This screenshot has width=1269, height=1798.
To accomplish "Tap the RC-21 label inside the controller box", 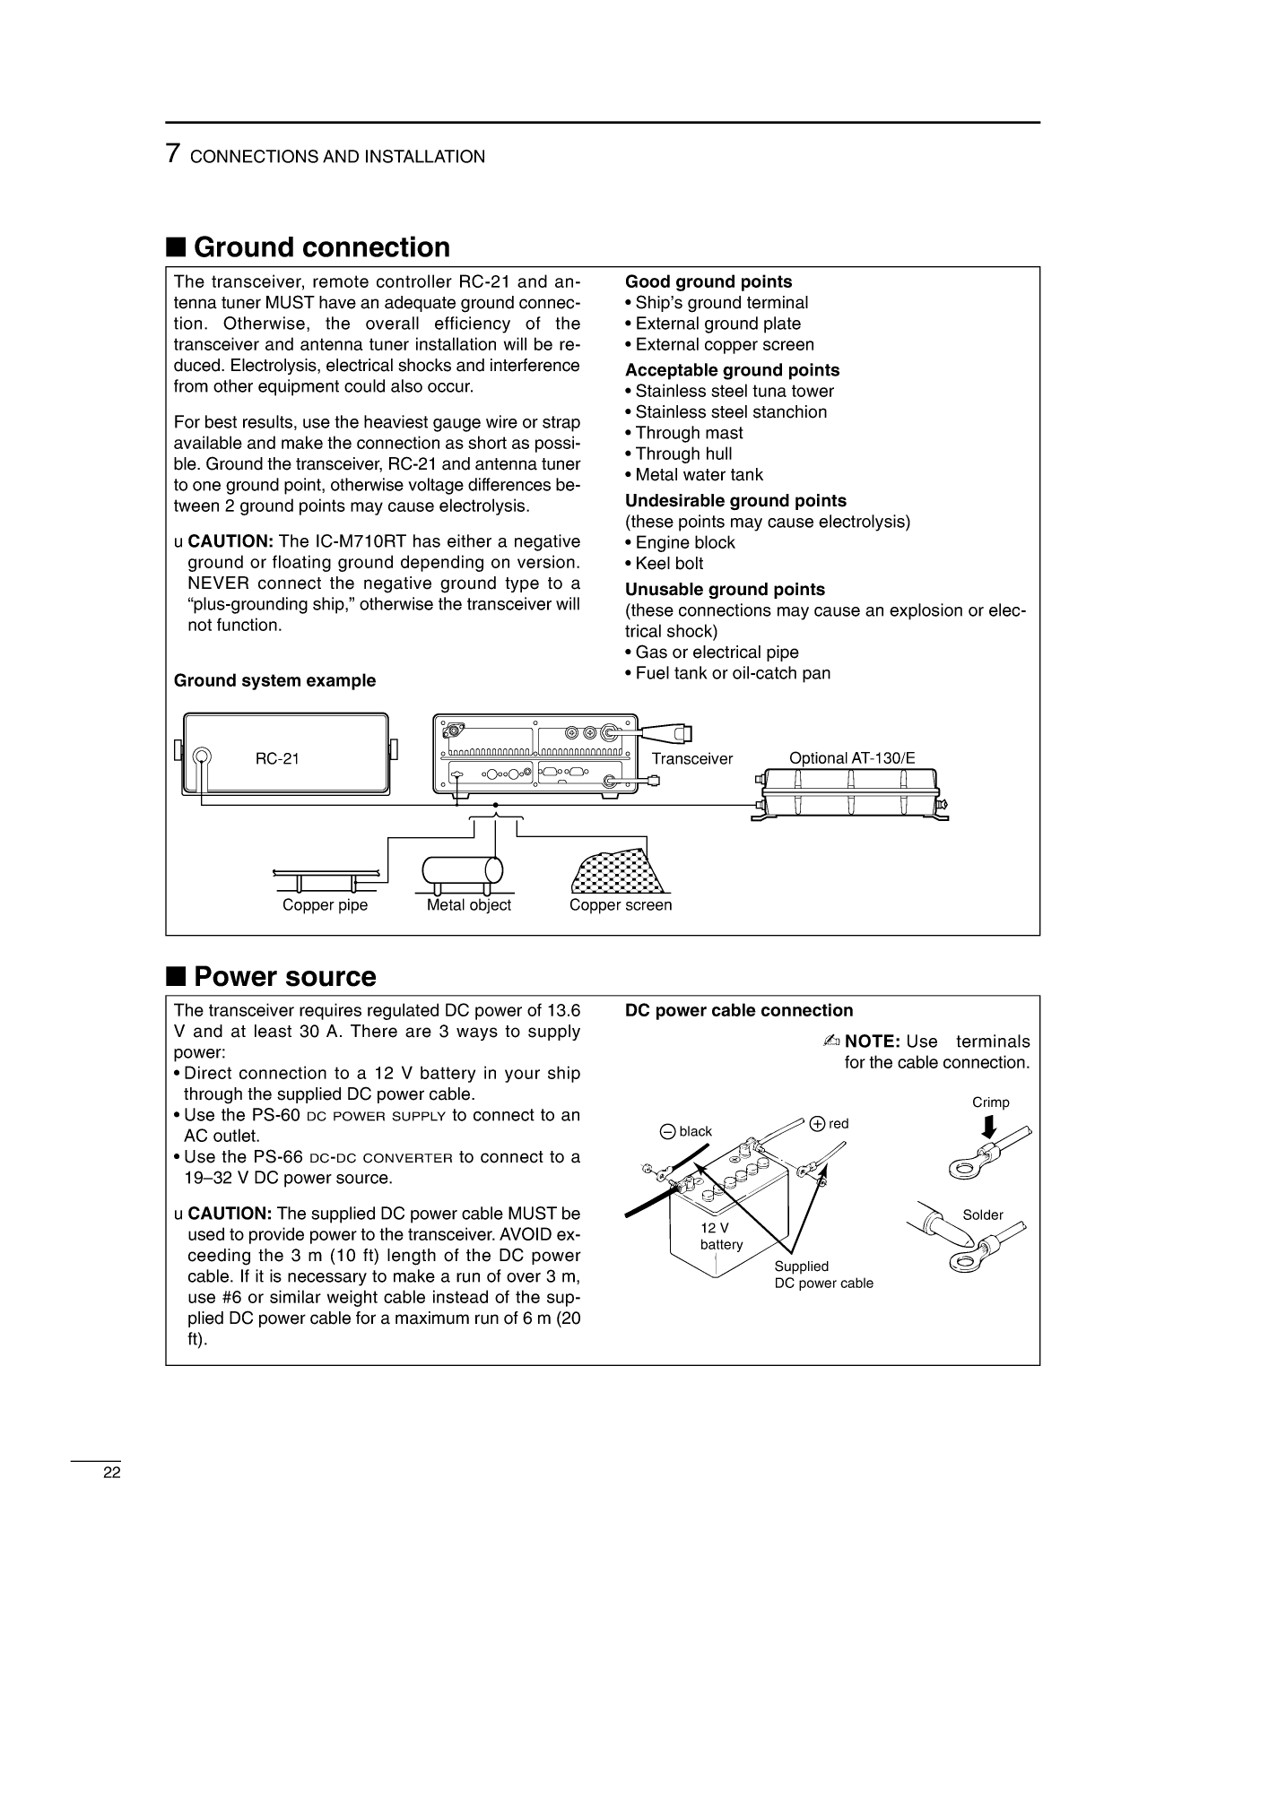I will tap(277, 758).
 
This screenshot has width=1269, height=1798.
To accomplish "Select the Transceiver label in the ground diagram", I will tap(691, 759).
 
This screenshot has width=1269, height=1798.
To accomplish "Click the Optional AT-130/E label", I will tap(852, 758).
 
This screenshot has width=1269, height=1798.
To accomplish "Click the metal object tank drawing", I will tap(462, 870).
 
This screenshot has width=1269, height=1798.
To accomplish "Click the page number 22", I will tap(111, 1473).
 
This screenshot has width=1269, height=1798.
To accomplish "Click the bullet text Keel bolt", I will tap(669, 564).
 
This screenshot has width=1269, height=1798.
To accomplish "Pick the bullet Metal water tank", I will tap(699, 475).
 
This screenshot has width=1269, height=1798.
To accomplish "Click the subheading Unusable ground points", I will tap(725, 590).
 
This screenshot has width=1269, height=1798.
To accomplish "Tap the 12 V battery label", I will tap(720, 1236).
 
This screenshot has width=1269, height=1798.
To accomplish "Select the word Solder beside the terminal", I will tap(983, 1215).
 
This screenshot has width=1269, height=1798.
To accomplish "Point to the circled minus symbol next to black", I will tap(667, 1131).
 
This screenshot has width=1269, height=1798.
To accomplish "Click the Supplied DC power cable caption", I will tap(822, 1275).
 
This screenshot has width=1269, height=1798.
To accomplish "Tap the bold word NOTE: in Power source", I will tap(873, 1042).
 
